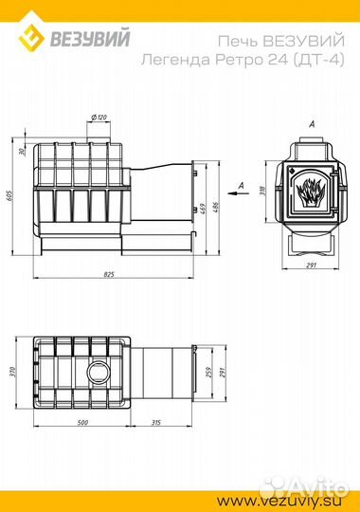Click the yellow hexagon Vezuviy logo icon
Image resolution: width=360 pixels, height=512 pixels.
30,37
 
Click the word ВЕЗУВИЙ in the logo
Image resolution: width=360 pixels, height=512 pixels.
90,37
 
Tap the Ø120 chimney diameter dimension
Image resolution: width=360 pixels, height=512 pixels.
99,118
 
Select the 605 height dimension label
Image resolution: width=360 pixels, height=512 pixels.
13,195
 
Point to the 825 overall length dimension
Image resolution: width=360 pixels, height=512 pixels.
109,274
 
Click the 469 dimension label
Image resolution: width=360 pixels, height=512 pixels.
202,209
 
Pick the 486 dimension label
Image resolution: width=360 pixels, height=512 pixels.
215,208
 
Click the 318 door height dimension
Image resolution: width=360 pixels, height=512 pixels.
261,190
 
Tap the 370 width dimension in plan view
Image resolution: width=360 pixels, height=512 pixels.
13,373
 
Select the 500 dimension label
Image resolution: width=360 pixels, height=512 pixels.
83,422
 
